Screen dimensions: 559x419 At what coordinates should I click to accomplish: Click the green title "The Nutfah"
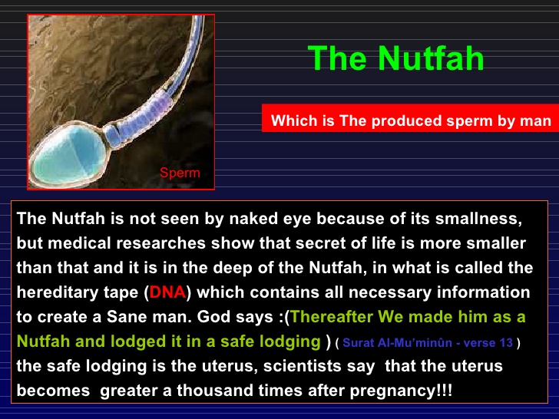(395, 58)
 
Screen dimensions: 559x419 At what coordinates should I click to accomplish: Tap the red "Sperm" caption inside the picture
(180, 173)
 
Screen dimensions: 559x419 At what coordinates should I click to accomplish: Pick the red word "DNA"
(167, 292)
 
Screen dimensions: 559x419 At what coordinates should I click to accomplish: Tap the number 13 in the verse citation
(506, 343)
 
